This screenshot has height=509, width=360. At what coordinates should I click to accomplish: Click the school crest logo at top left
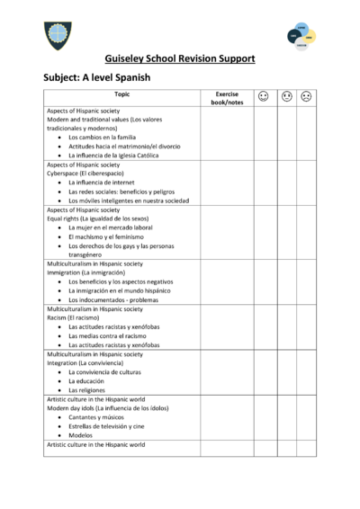point(55,35)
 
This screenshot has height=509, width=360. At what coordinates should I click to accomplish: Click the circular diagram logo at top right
point(301,36)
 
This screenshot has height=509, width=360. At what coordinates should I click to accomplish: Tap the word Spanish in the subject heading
point(129,78)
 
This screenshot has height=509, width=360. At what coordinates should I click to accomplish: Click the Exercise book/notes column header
point(227,97)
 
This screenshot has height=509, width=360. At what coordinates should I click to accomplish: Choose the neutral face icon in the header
point(286,95)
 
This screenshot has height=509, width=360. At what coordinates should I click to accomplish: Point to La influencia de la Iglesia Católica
point(120,155)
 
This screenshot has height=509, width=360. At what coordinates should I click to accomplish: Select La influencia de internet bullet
point(101,183)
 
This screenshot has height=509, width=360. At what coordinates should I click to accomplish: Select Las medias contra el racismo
point(109,335)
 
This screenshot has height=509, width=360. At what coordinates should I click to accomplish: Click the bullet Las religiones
point(87,390)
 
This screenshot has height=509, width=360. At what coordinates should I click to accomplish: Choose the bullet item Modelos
point(82,435)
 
